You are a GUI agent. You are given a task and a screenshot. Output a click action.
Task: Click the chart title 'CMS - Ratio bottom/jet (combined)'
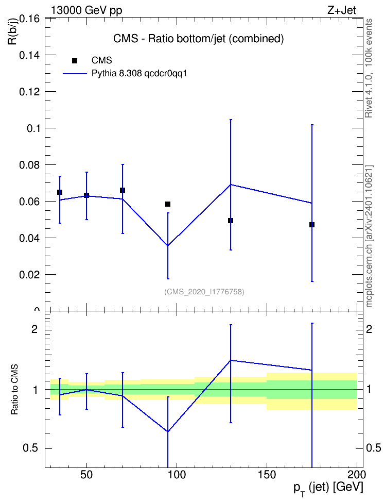(x=198, y=39)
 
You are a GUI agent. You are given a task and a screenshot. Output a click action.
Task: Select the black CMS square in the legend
(x=75, y=60)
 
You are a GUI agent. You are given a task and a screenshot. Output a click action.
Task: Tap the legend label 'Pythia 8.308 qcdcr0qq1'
(x=139, y=74)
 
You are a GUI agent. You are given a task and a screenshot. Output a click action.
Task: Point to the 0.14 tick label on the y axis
(x=29, y=55)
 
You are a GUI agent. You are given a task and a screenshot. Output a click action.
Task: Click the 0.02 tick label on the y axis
(x=29, y=275)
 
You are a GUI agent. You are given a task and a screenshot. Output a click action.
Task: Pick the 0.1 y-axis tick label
(x=32, y=128)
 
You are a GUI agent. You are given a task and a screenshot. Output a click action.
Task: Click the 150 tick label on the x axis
(x=267, y=475)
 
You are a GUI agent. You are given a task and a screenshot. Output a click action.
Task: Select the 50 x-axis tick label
(x=86, y=475)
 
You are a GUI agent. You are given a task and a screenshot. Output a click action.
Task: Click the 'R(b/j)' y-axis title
(x=12, y=31)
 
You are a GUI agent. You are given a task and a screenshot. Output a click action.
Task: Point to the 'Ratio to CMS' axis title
(x=14, y=390)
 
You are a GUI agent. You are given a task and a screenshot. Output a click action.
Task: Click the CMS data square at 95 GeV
(x=168, y=204)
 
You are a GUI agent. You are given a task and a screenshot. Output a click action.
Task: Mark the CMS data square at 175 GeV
(x=312, y=225)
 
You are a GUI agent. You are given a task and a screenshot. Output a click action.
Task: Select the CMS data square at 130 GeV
(x=231, y=221)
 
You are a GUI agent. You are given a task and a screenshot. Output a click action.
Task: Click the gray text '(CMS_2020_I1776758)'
(x=204, y=292)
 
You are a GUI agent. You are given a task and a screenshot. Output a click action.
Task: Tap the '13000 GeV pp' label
(x=86, y=10)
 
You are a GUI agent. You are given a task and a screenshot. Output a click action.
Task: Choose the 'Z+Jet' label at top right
(x=342, y=10)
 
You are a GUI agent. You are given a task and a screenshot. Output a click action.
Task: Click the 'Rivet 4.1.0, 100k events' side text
(x=369, y=68)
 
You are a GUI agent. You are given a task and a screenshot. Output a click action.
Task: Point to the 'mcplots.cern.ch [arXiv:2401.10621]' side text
(x=369, y=237)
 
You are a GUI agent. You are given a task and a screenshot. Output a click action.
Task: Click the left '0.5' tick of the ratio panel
(x=31, y=448)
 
